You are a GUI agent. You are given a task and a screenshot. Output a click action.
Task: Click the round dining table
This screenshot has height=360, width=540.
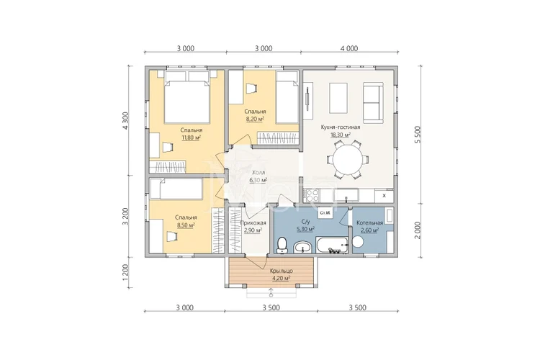[348, 160]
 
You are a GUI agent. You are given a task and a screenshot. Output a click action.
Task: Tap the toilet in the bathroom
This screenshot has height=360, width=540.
[282, 245]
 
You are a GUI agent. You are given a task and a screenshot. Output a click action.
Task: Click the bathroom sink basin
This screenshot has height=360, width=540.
[303, 248]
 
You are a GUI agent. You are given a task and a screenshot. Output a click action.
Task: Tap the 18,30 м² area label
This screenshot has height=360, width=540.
[341, 135]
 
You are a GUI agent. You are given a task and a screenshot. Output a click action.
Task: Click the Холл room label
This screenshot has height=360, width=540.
[258, 172]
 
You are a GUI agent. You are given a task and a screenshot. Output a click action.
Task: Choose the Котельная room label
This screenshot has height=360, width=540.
[369, 222]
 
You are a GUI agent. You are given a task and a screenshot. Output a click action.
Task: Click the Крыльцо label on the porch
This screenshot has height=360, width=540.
[282, 271]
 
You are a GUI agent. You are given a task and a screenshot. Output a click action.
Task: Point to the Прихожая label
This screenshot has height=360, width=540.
[253, 223]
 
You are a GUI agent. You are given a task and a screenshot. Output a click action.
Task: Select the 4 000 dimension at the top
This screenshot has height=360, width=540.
[349, 48]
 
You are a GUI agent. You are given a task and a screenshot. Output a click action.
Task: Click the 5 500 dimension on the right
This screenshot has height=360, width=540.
[418, 135]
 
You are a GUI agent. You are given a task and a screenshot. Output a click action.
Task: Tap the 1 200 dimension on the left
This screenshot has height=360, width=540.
[126, 272]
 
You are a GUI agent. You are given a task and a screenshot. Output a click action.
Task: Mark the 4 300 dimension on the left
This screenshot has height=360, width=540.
[126, 120]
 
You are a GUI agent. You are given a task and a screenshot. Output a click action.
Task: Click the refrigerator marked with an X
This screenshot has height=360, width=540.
[384, 196]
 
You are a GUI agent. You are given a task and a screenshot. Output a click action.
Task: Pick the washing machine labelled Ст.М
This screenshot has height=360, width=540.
[325, 213]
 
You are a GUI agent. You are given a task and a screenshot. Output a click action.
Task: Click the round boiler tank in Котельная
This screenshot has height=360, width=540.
[358, 241]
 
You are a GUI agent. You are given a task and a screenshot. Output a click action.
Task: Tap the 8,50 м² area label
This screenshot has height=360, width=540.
[186, 225]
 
